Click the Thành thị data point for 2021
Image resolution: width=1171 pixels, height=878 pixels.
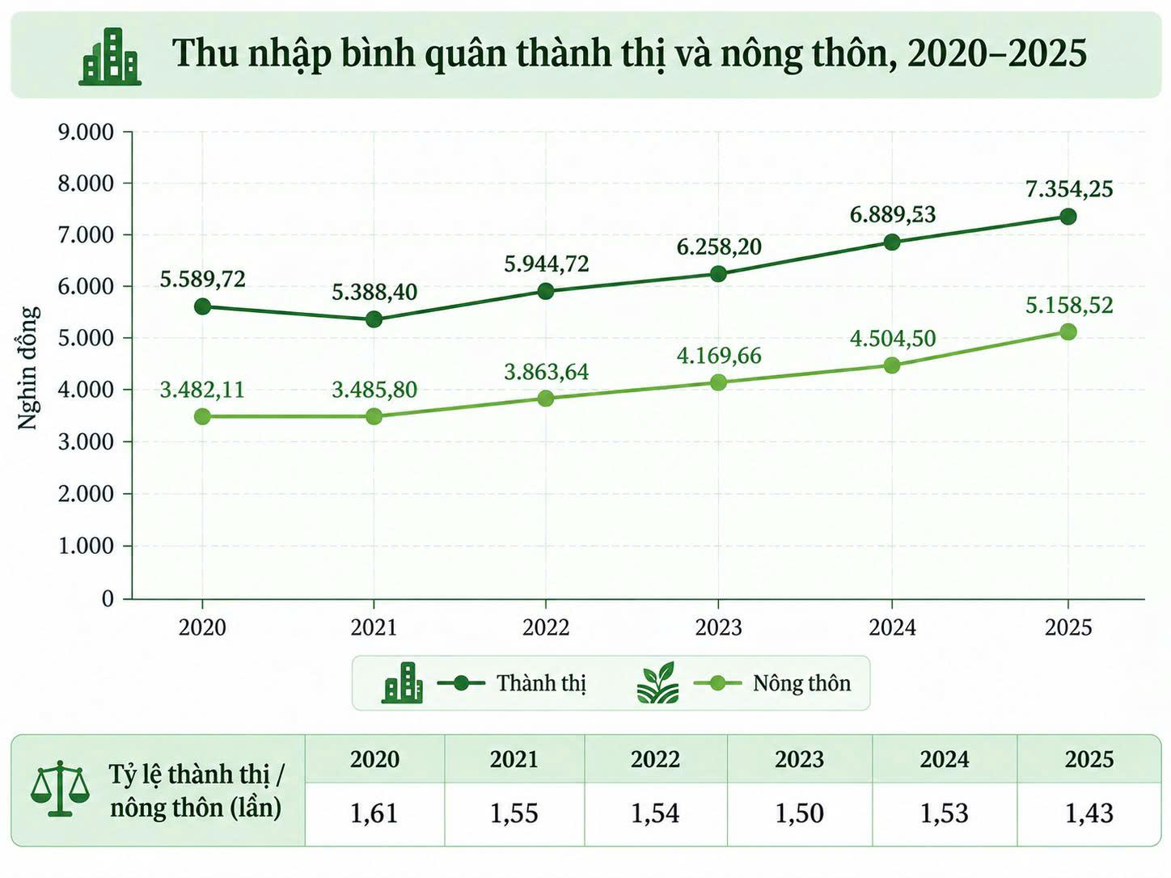[374, 320]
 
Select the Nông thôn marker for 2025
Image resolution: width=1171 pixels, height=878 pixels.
[1068, 332]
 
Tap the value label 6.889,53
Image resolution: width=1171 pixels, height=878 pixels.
[893, 214]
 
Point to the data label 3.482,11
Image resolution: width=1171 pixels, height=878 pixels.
[202, 390]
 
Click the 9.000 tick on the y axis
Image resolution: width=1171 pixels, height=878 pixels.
[86, 132]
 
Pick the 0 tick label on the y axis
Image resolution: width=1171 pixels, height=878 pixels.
[108, 598]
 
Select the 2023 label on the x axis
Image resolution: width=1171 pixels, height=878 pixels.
[718, 627]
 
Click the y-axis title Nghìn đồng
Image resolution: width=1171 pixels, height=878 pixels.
[28, 368]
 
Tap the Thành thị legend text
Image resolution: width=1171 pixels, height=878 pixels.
[542, 683]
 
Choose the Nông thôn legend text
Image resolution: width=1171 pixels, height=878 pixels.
[802, 683]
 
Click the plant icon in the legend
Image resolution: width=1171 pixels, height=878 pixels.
[657, 682]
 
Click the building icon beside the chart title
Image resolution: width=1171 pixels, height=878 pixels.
[110, 57]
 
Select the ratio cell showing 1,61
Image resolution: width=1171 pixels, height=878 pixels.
[374, 813]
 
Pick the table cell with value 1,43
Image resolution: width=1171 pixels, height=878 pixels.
[1089, 813]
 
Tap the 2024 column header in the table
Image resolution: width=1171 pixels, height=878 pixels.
[945, 759]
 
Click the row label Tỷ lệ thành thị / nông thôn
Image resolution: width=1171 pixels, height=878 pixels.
[197, 791]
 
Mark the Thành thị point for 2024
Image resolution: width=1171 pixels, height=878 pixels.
[891, 243]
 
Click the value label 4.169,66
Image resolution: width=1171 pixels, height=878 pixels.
[719, 356]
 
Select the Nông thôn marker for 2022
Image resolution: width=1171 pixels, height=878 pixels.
[546, 399]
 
